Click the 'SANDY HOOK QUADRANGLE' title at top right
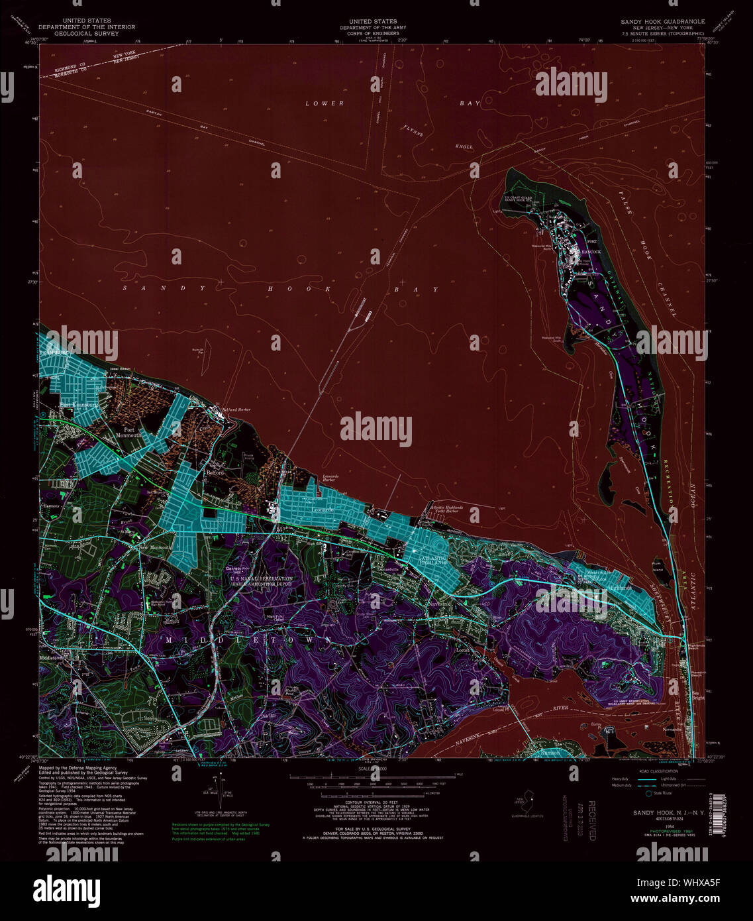[x=662, y=21]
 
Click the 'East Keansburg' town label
[x=79, y=404]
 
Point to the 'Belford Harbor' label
[x=236, y=410]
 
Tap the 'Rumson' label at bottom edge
[x=549, y=753]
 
